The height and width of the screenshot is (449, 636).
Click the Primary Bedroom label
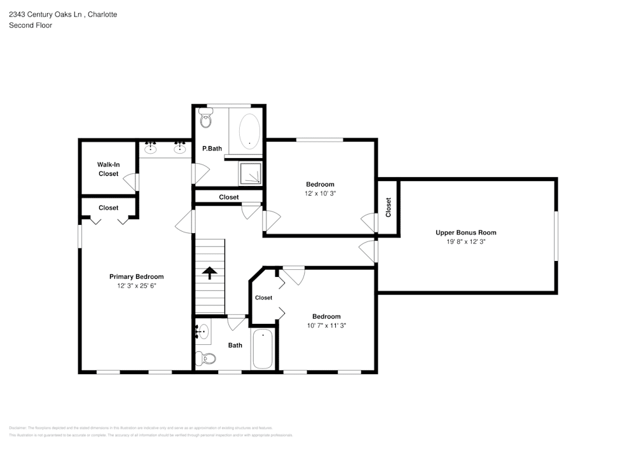point(136,276)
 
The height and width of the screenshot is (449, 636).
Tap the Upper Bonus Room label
point(466,232)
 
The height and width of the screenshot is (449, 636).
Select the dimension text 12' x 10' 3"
point(320,194)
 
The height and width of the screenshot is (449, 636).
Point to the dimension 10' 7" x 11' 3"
point(326,326)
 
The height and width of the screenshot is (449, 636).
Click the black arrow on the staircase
point(209,272)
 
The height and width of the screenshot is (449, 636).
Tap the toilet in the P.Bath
point(205,119)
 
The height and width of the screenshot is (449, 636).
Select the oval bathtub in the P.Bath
point(249,131)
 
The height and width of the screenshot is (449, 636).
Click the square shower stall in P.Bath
point(250,173)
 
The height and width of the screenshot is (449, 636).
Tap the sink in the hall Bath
point(202,331)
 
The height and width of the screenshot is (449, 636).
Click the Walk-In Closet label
point(108,169)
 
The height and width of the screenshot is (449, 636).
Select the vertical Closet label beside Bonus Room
point(388,207)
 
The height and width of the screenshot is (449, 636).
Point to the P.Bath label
point(212,149)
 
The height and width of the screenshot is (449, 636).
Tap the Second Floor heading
point(31,25)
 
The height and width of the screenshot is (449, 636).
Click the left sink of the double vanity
point(151,149)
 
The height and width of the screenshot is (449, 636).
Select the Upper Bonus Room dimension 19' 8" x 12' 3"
point(466,242)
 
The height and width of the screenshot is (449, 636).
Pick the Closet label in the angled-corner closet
point(263,297)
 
